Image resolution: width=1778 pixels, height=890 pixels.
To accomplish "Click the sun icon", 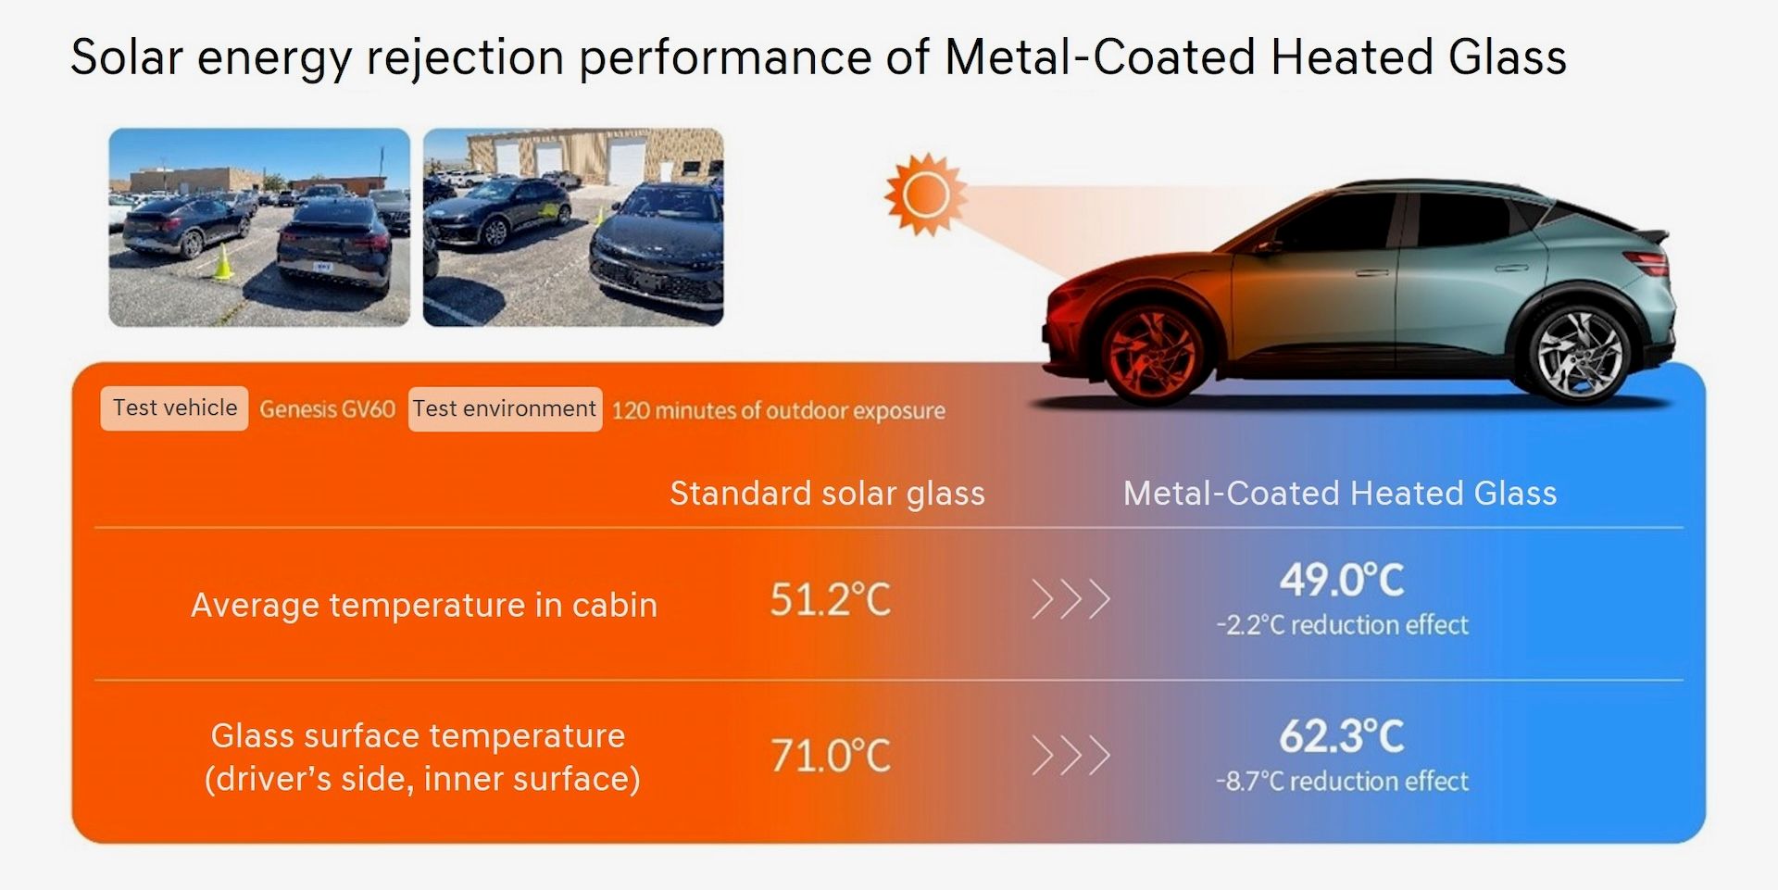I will (x=925, y=194).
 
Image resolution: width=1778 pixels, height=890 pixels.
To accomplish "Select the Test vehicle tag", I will (x=174, y=408).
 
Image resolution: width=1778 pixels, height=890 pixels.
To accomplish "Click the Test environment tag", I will (x=505, y=409).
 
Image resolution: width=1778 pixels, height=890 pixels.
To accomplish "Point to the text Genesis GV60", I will (x=327, y=409).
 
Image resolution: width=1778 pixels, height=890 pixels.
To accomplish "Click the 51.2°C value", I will (x=830, y=600).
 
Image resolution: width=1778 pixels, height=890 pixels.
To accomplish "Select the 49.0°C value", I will (x=1342, y=581).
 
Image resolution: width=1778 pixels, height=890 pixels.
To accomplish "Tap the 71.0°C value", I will (x=830, y=756).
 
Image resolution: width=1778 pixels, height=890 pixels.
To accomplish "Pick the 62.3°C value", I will (x=1342, y=737).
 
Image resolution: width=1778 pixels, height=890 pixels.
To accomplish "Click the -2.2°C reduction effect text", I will (x=1342, y=625).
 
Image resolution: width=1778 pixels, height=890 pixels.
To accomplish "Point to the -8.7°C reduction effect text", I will (x=1342, y=782).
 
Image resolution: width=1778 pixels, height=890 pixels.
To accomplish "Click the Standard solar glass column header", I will (x=827, y=494).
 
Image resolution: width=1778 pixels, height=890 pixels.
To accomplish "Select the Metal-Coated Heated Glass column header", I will (x=1340, y=494).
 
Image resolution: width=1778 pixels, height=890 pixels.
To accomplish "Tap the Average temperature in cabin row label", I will (x=424, y=605).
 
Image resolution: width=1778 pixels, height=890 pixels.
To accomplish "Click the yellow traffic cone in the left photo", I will (x=223, y=262).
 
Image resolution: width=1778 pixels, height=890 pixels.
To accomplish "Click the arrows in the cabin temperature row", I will (x=1071, y=600).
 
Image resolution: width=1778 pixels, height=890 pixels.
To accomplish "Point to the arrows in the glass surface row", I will (x=1071, y=756).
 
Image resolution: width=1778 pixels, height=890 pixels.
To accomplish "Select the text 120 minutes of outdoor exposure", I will (x=779, y=410).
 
